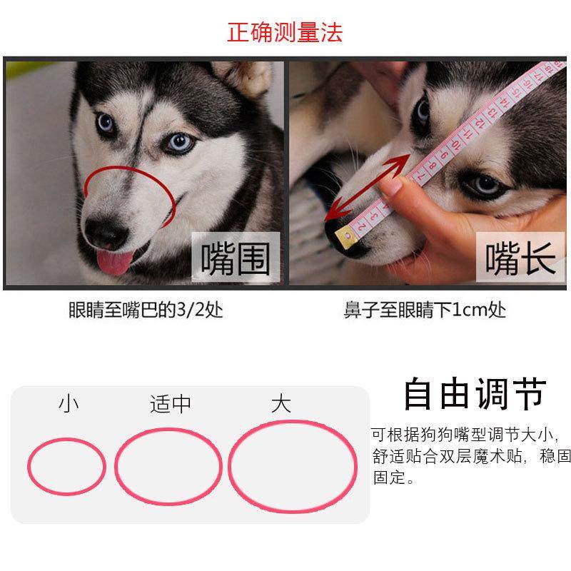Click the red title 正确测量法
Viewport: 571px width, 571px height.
click(285, 31)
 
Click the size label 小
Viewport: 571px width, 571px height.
click(69, 404)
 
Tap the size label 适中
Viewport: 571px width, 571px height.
click(171, 404)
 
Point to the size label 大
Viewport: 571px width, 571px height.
click(281, 404)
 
